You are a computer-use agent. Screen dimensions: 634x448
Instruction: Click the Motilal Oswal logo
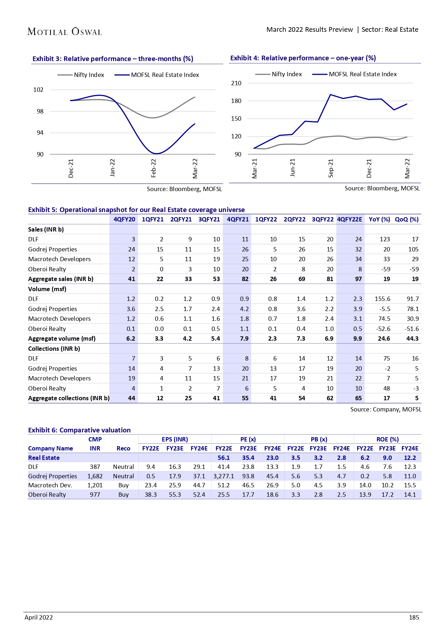[x=65, y=32]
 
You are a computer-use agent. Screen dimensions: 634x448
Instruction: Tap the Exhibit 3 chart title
[x=113, y=59]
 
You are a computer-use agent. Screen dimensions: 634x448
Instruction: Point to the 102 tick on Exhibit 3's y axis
[x=38, y=90]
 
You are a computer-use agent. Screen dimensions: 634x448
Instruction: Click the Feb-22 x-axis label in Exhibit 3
[x=153, y=168]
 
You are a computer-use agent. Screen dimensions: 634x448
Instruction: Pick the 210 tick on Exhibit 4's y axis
[x=236, y=83]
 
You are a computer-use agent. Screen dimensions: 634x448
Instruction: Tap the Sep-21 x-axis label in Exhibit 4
[x=331, y=168]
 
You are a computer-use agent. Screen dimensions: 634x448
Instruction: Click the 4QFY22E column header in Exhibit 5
[x=349, y=219]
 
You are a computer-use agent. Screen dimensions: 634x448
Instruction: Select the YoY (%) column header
[x=379, y=219]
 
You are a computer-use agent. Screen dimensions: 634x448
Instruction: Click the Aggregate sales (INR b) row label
[x=61, y=279]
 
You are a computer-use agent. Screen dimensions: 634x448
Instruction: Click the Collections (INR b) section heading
[x=54, y=349]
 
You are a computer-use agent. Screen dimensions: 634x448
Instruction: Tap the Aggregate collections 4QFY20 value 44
[x=131, y=398]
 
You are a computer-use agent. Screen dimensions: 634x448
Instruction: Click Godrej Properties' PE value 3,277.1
[x=223, y=476]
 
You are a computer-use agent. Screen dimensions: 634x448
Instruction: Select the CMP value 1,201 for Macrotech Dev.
[x=95, y=485]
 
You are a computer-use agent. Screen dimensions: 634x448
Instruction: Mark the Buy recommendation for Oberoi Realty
[x=123, y=495]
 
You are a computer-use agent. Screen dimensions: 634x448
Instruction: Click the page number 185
[x=414, y=617]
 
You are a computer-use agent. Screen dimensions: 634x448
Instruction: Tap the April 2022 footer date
[x=39, y=617]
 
